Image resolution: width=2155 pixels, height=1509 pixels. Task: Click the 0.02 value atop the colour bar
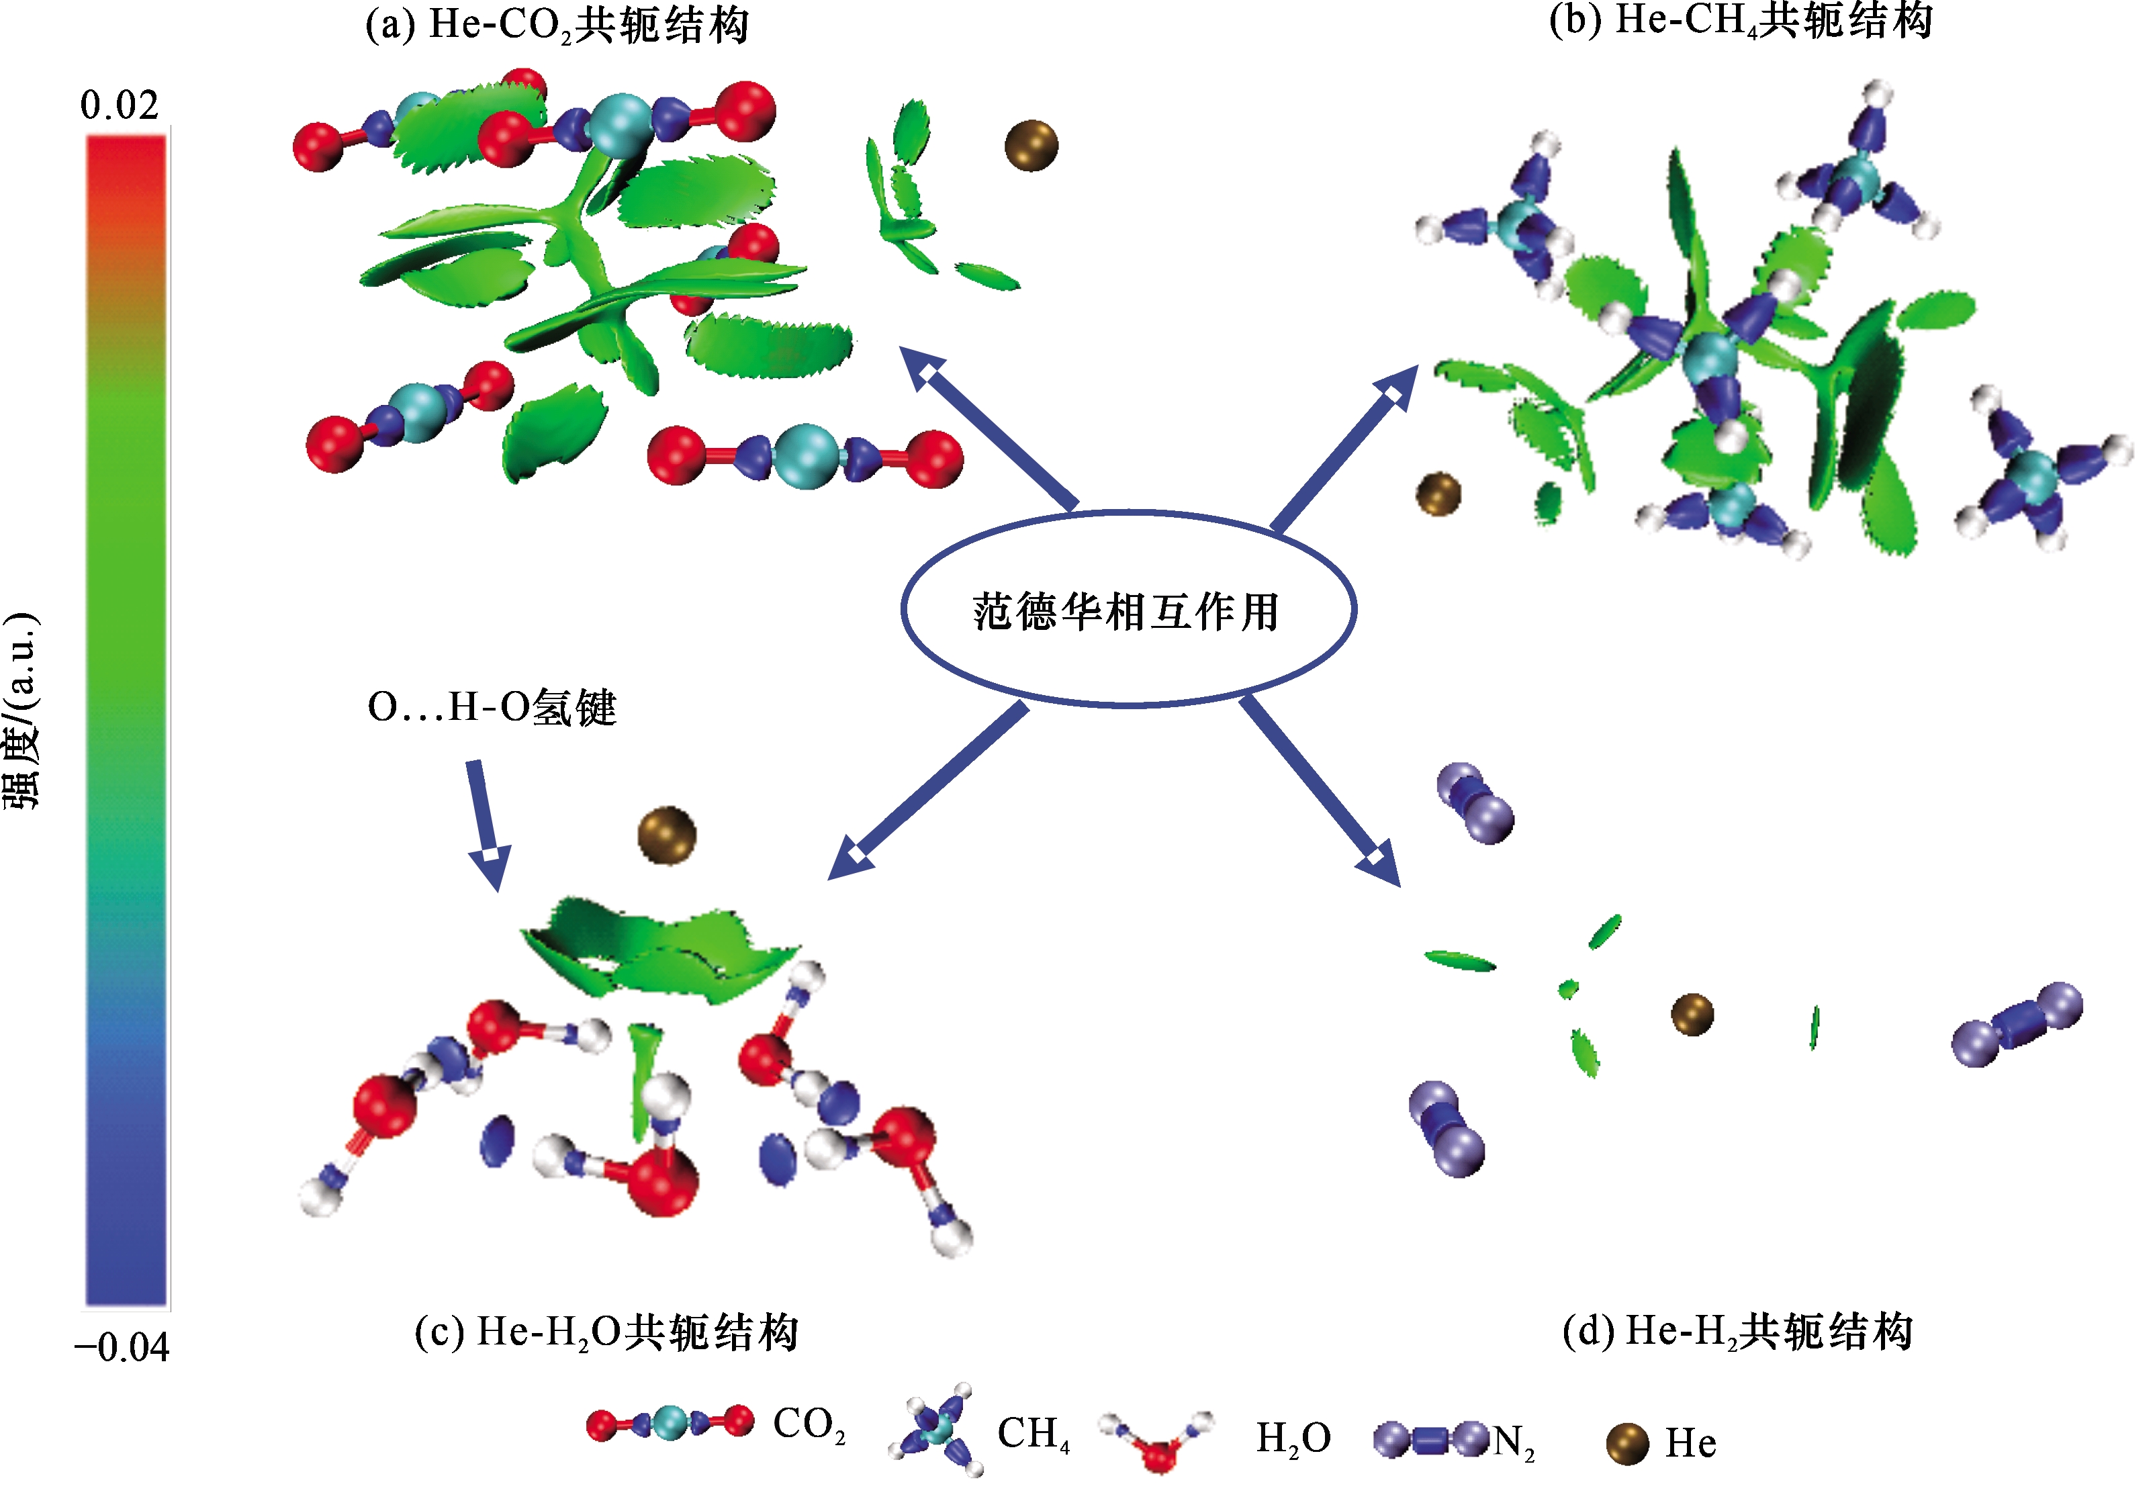(120, 106)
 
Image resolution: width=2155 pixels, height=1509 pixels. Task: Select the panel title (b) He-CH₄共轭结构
(1740, 21)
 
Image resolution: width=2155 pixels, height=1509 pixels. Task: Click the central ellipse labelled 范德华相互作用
(1128, 609)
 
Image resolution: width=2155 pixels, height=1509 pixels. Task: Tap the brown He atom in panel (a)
(1031, 146)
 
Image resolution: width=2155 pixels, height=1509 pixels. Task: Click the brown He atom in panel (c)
(666, 834)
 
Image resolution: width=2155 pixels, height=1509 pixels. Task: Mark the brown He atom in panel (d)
(1692, 1015)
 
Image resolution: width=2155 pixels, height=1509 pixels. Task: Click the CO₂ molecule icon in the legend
(670, 1424)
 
